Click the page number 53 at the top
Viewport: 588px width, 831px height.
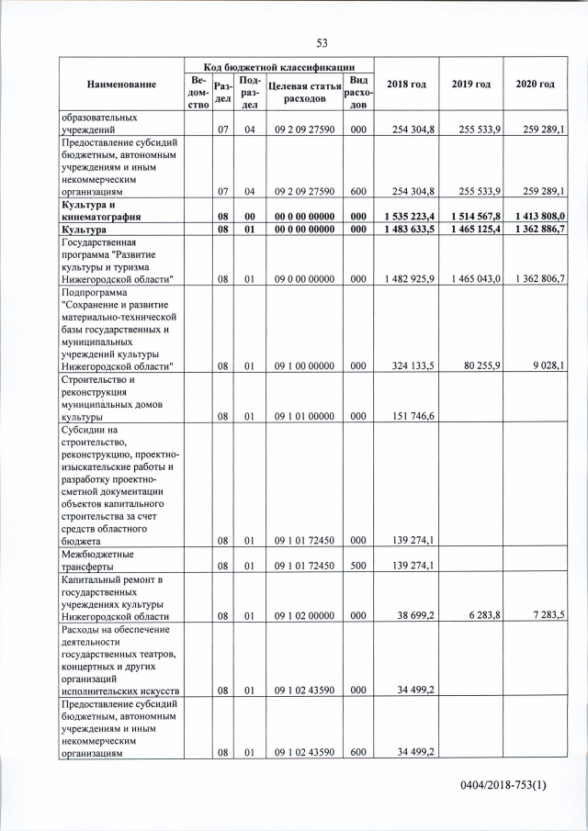pyautogui.click(x=322, y=43)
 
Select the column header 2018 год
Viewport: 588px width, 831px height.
pyautogui.click(x=406, y=84)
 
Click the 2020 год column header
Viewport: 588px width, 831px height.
pyautogui.click(x=535, y=84)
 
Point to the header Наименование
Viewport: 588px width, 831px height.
pyautogui.click(x=119, y=84)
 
